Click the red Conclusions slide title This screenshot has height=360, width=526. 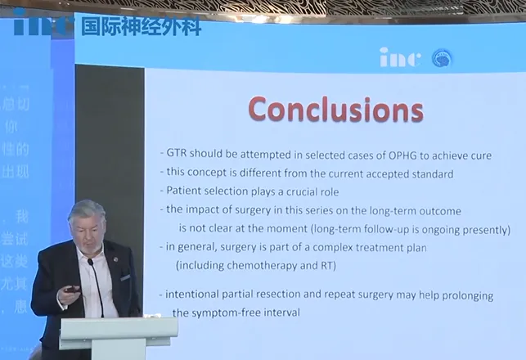(x=335, y=109)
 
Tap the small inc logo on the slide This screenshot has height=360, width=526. (x=401, y=57)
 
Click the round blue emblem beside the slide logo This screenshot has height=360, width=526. (x=442, y=58)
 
